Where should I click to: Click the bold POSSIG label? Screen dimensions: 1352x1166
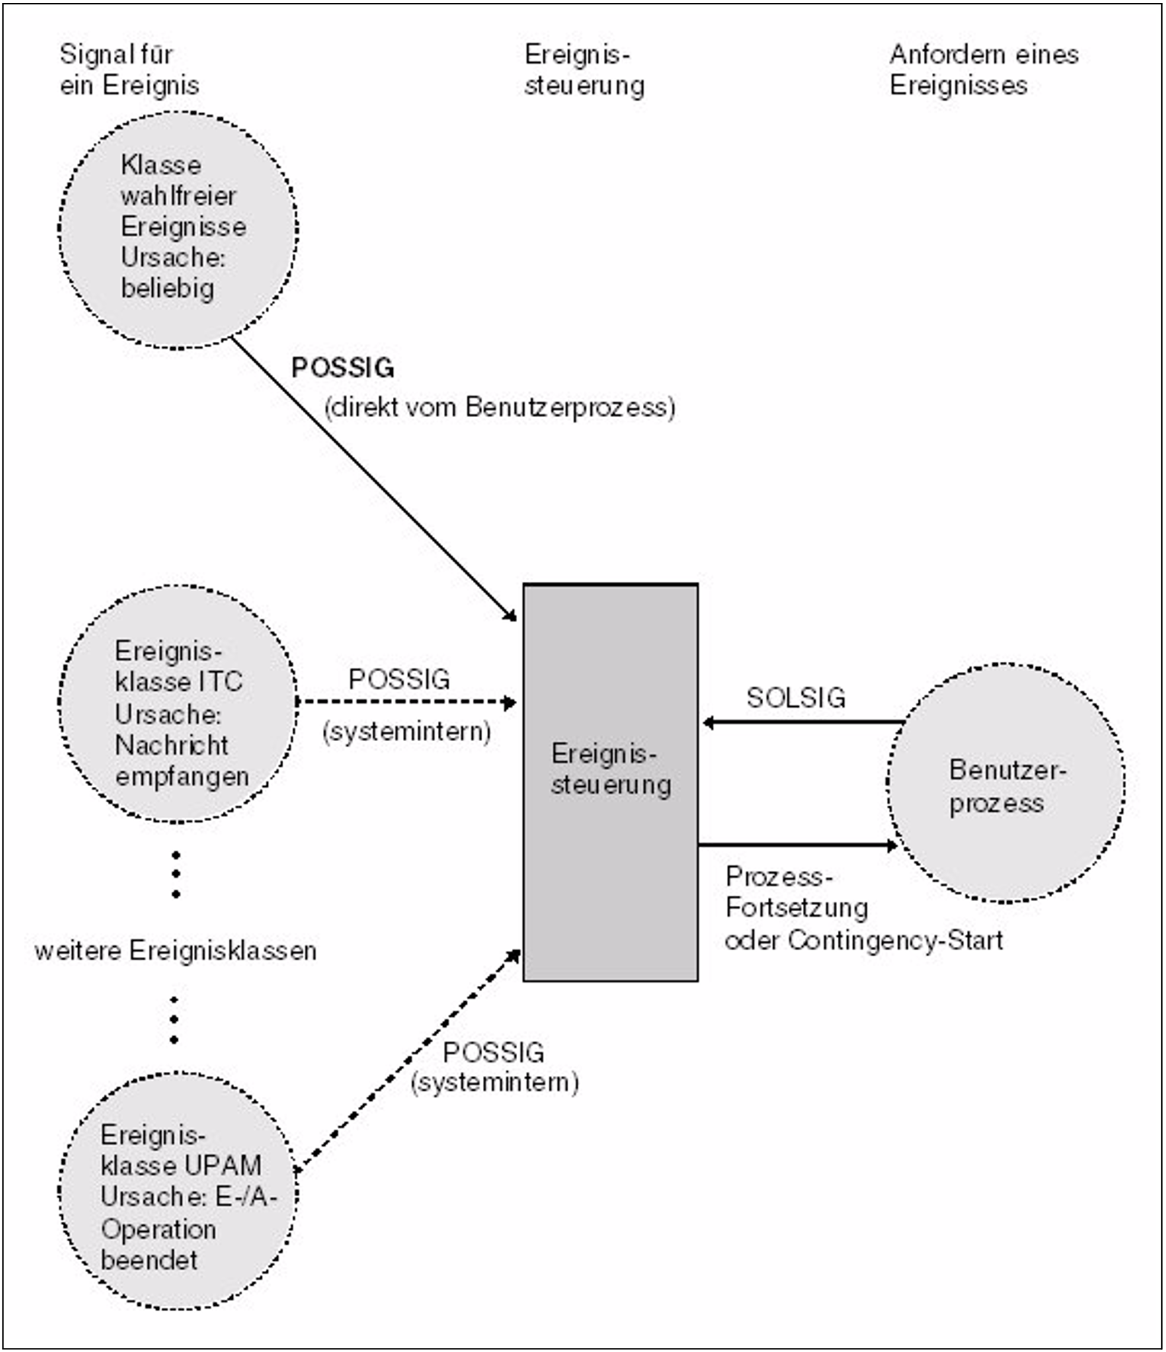pyautogui.click(x=342, y=368)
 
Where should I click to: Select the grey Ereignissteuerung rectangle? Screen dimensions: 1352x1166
pyautogui.click(x=610, y=848)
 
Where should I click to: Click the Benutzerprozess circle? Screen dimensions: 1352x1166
pyautogui.click(x=1005, y=783)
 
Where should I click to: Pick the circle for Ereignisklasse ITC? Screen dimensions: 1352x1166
pyautogui.click(x=178, y=703)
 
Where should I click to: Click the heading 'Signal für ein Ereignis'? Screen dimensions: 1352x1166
pyautogui.click(x=129, y=70)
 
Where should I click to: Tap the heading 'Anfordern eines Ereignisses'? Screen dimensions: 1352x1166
pyautogui.click(x=984, y=70)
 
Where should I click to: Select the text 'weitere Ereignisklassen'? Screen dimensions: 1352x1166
pyautogui.click(x=175, y=951)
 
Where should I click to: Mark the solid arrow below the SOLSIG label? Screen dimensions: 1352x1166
pyautogui.click(x=803, y=722)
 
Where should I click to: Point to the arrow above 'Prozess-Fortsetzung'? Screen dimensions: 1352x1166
pyautogui.click(x=797, y=845)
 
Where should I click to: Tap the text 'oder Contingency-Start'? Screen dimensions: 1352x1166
pyautogui.click(x=864, y=940)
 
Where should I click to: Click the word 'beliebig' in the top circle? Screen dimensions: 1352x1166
pyautogui.click(x=168, y=288)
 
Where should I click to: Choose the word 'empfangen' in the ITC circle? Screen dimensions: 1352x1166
pyautogui.click(x=182, y=777)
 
